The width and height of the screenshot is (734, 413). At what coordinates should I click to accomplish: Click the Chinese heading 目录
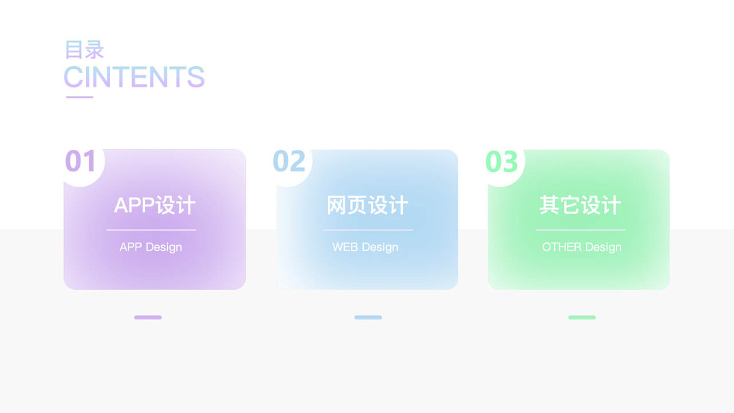click(x=84, y=50)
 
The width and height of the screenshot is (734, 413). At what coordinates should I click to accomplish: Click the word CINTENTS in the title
click(x=134, y=77)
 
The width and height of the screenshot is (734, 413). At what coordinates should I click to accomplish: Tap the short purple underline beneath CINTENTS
click(x=80, y=97)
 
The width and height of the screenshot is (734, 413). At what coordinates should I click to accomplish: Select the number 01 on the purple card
click(x=80, y=161)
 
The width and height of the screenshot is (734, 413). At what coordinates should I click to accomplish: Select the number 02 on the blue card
click(x=289, y=161)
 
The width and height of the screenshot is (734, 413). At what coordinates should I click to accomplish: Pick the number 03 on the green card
click(x=501, y=162)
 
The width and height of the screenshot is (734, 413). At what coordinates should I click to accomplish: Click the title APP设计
click(x=155, y=205)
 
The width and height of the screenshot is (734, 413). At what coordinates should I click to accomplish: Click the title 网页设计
click(x=367, y=205)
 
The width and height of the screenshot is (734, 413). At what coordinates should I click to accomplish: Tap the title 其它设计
click(x=581, y=205)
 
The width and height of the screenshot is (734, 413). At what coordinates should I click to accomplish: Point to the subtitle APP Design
click(x=151, y=247)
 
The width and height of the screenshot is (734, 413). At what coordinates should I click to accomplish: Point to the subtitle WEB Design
click(x=365, y=247)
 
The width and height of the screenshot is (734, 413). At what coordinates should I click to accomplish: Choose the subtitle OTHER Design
click(x=582, y=247)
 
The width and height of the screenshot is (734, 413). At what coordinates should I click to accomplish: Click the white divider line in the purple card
click(x=151, y=230)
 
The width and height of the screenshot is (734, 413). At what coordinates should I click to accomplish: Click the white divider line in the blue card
click(x=368, y=230)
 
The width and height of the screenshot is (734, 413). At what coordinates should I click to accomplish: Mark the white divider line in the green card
click(x=581, y=230)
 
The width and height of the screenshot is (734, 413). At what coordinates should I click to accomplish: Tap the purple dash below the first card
click(x=148, y=317)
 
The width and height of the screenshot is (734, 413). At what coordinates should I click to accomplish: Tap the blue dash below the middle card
click(x=368, y=317)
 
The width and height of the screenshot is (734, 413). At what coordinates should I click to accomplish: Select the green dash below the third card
click(x=582, y=317)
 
